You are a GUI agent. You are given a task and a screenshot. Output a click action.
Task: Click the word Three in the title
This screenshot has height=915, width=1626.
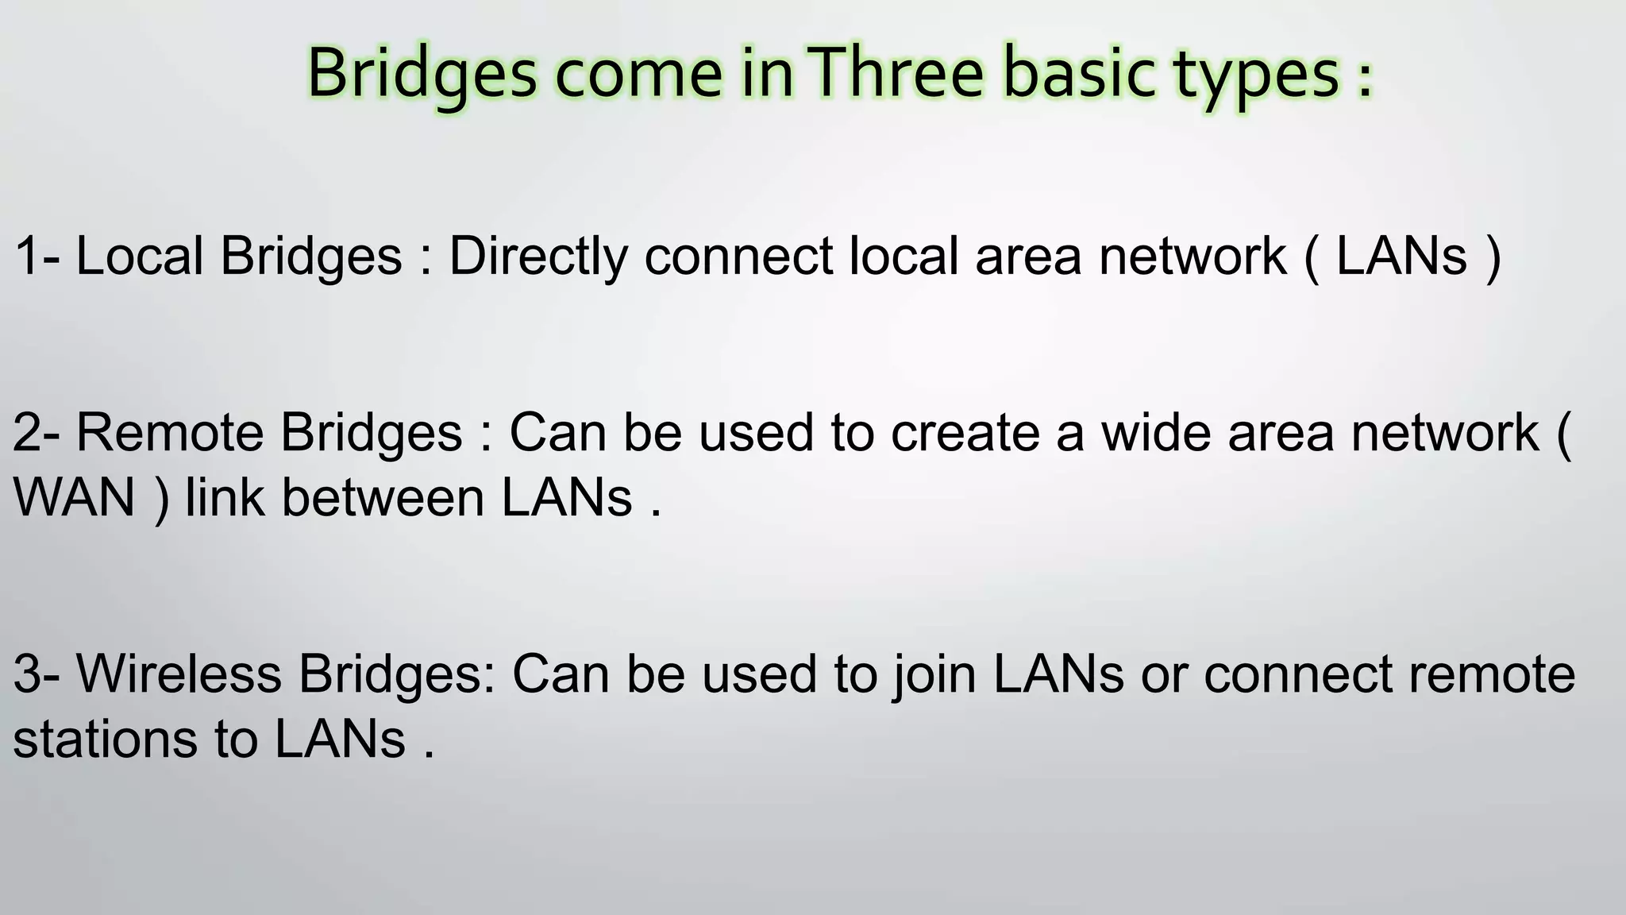tap(897, 73)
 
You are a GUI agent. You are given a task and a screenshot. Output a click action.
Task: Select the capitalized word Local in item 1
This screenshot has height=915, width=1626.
tap(139, 257)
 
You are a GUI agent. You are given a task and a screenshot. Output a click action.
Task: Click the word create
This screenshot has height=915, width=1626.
tap(965, 434)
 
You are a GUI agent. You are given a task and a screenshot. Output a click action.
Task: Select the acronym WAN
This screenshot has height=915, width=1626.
tap(74, 498)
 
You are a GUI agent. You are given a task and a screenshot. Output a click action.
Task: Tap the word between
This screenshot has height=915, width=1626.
tap(383, 498)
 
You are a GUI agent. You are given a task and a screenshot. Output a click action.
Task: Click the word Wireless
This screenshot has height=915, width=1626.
tap(179, 674)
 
